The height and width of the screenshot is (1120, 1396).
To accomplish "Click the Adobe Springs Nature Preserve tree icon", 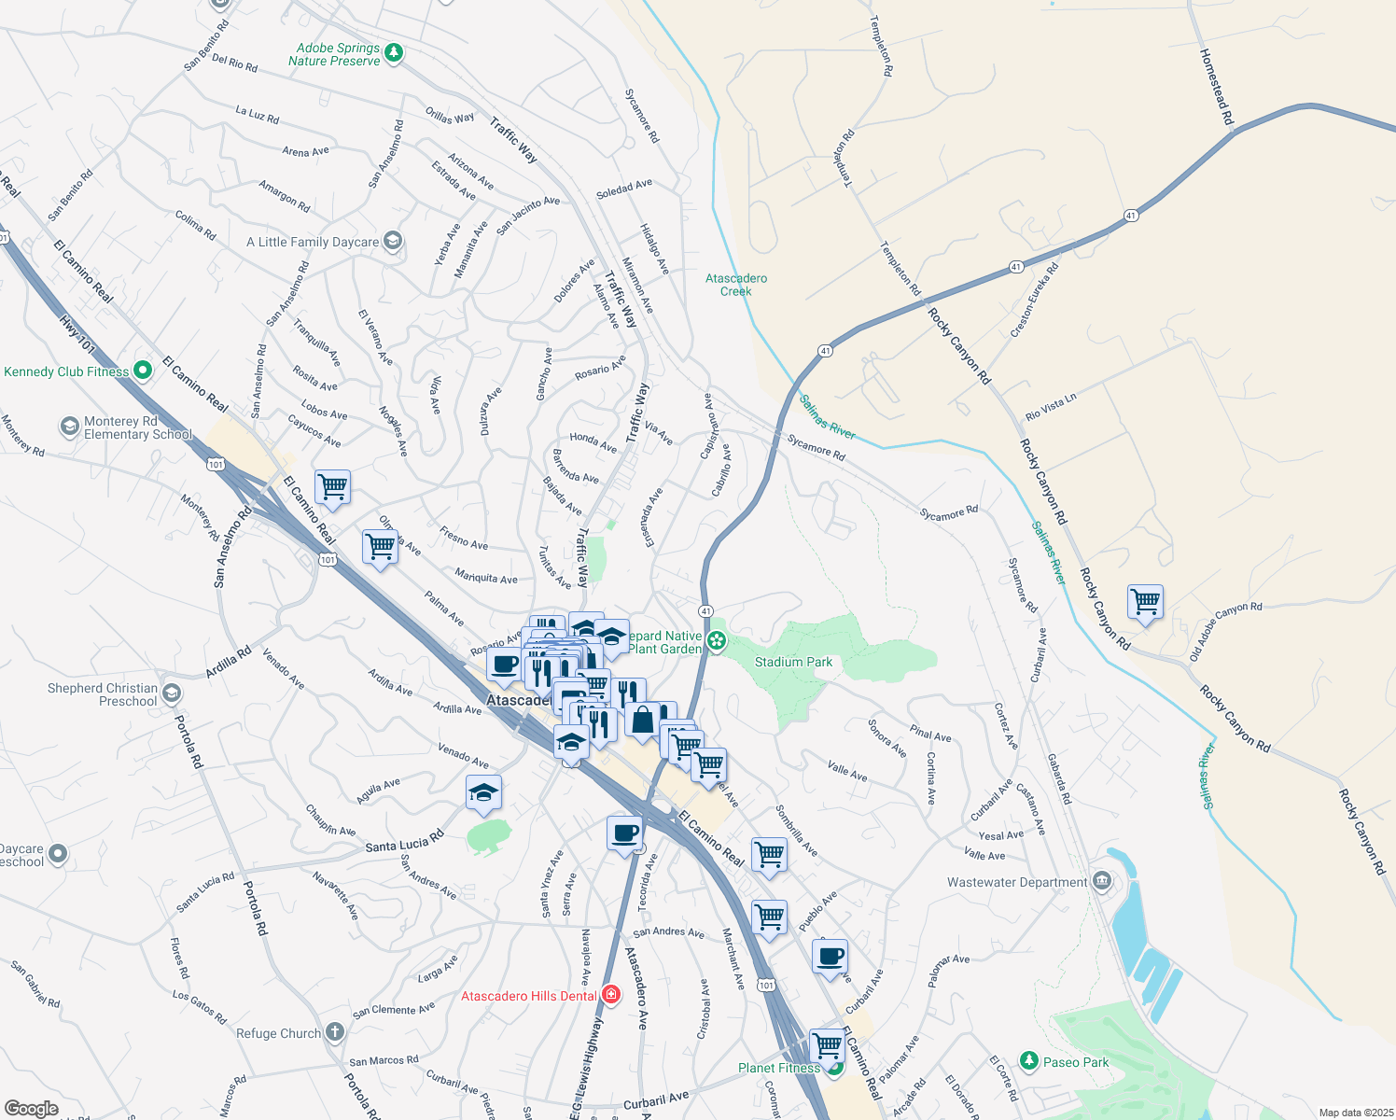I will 394,53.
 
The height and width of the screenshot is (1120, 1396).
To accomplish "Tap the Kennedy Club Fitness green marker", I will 143,371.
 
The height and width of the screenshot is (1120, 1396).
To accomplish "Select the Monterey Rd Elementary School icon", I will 70,427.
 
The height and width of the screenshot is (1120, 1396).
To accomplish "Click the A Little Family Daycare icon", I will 393,242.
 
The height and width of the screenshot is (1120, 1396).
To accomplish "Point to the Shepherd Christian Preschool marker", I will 171,693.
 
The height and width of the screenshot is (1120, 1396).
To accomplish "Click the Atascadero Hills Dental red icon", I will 610,996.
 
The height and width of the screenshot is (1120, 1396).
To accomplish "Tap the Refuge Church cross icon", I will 334,1032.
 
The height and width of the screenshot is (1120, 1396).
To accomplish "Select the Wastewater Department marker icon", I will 1101,882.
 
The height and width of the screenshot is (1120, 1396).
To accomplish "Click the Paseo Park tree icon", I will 1028,1061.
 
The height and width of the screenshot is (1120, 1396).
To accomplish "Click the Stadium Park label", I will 793,662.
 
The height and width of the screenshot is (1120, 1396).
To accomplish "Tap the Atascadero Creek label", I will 736,285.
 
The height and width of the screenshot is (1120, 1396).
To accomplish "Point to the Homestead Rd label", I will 1216,87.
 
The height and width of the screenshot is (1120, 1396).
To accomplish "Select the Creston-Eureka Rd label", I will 1035,301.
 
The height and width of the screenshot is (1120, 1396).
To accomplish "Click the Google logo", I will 31,1109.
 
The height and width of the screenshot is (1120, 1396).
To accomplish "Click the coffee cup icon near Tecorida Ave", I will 624,832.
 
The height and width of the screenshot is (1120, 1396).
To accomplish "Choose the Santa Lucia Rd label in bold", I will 404,843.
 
